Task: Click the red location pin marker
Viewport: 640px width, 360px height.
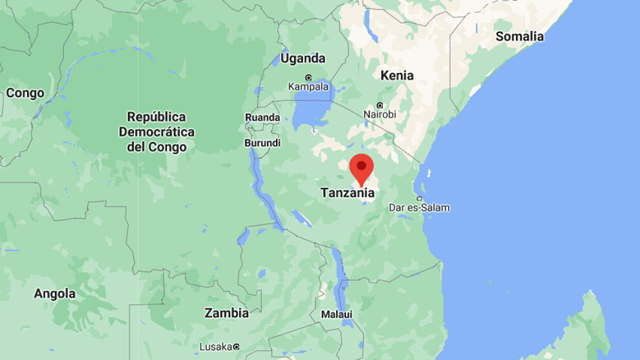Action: (361, 167)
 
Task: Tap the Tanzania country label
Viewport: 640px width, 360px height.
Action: (347, 193)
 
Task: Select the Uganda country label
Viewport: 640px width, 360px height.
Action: (303, 58)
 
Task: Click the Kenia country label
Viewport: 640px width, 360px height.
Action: (397, 75)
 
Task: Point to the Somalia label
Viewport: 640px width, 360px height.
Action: (519, 36)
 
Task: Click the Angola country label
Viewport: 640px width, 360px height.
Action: (54, 293)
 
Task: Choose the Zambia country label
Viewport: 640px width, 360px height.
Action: (226, 313)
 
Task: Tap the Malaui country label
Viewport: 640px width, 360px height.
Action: (337, 314)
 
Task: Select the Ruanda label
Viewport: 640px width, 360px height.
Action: (262, 117)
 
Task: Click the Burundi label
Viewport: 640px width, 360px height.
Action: (262, 143)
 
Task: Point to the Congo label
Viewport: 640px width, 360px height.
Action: (25, 93)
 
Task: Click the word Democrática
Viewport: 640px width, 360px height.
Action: (156, 132)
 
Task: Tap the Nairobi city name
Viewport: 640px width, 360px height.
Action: (379, 114)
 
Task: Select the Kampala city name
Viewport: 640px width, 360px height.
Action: (308, 87)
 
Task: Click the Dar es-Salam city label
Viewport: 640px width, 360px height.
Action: (419, 207)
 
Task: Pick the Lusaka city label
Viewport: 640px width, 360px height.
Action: (215, 347)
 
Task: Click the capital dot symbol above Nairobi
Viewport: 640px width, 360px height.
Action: (379, 105)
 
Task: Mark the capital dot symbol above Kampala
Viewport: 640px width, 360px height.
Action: (308, 78)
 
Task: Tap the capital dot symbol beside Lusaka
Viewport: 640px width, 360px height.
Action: (237, 347)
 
